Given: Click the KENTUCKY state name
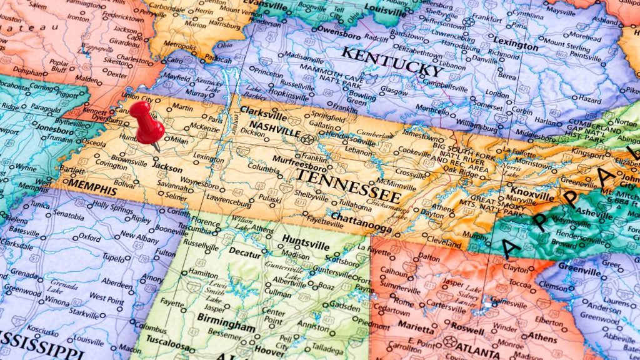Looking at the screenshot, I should tap(392, 61).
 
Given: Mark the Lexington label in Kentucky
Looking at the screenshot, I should tap(516, 46).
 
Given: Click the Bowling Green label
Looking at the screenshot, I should tap(362, 97).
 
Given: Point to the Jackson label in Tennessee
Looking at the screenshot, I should tap(167, 169).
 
